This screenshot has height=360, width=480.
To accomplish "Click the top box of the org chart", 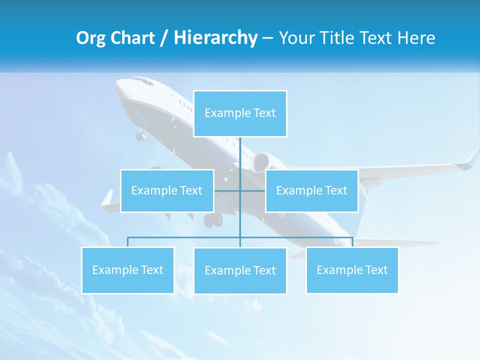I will tap(240, 113).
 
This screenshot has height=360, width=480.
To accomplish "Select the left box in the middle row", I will tap(167, 190).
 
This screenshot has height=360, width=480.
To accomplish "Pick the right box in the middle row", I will tap(311, 190).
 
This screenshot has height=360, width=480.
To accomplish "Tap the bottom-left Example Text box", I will tap(127, 270).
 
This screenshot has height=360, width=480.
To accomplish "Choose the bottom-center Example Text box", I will tap(240, 270).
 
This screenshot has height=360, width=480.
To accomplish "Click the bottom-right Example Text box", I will tap(352, 270).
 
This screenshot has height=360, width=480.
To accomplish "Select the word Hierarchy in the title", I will tap(215, 38).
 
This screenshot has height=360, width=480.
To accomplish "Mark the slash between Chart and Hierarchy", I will tap(164, 38).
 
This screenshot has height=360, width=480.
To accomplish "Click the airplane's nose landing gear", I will tap(141, 135).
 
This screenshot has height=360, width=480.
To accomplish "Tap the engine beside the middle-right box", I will tap(261, 162).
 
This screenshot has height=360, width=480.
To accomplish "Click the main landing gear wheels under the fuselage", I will tap(213, 220).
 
